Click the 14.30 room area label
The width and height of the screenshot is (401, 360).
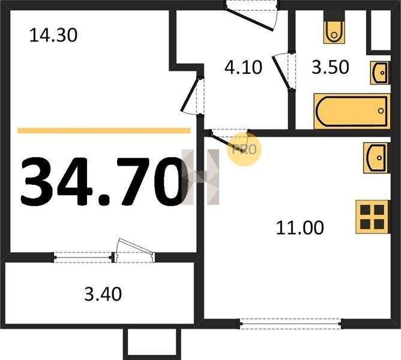(53, 35)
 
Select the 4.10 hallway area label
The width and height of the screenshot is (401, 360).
(243, 67)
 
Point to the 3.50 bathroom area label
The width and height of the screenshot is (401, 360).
(330, 67)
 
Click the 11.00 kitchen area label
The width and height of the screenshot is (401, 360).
(300, 227)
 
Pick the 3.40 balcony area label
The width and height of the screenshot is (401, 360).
(103, 294)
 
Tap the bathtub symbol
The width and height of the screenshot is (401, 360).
(352, 111)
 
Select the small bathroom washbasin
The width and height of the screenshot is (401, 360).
(380, 73)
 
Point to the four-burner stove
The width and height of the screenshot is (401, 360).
(373, 217)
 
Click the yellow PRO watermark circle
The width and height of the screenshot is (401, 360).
(244, 149)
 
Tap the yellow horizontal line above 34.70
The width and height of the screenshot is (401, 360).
(104, 131)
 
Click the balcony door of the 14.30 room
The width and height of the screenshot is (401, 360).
(134, 251)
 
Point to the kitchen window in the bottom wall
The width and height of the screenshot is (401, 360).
(291, 323)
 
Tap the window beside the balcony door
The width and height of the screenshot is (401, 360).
(83, 257)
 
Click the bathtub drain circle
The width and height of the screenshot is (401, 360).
(381, 111)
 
